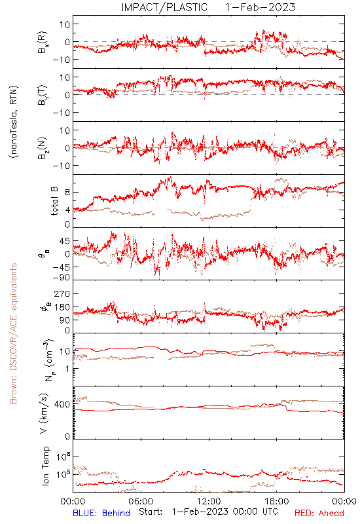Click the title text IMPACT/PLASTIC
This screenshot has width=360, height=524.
point(164,7)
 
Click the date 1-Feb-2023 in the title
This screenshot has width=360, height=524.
point(260,7)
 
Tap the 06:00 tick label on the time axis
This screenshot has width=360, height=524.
point(141,501)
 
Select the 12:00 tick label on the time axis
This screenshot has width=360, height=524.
point(209,501)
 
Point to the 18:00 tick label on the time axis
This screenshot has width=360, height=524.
point(276,501)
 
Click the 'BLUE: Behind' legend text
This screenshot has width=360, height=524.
point(101,513)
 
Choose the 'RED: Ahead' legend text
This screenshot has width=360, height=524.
point(319,513)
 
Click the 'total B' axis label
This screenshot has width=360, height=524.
point(54,200)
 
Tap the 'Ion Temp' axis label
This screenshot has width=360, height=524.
point(45,466)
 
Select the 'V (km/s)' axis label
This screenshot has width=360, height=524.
point(44,413)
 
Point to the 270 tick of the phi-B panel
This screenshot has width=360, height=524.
point(62,293)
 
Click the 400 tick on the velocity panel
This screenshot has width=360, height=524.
point(62,404)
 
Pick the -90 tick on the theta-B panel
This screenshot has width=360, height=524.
point(62,278)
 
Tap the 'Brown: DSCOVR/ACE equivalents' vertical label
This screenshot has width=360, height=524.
point(13,333)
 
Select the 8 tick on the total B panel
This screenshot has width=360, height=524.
point(67,192)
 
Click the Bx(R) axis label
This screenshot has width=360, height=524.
point(43,42)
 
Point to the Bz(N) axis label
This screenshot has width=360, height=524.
point(43,148)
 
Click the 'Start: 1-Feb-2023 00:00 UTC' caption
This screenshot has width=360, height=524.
point(208,512)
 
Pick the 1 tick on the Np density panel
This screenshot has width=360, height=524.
point(67,369)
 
